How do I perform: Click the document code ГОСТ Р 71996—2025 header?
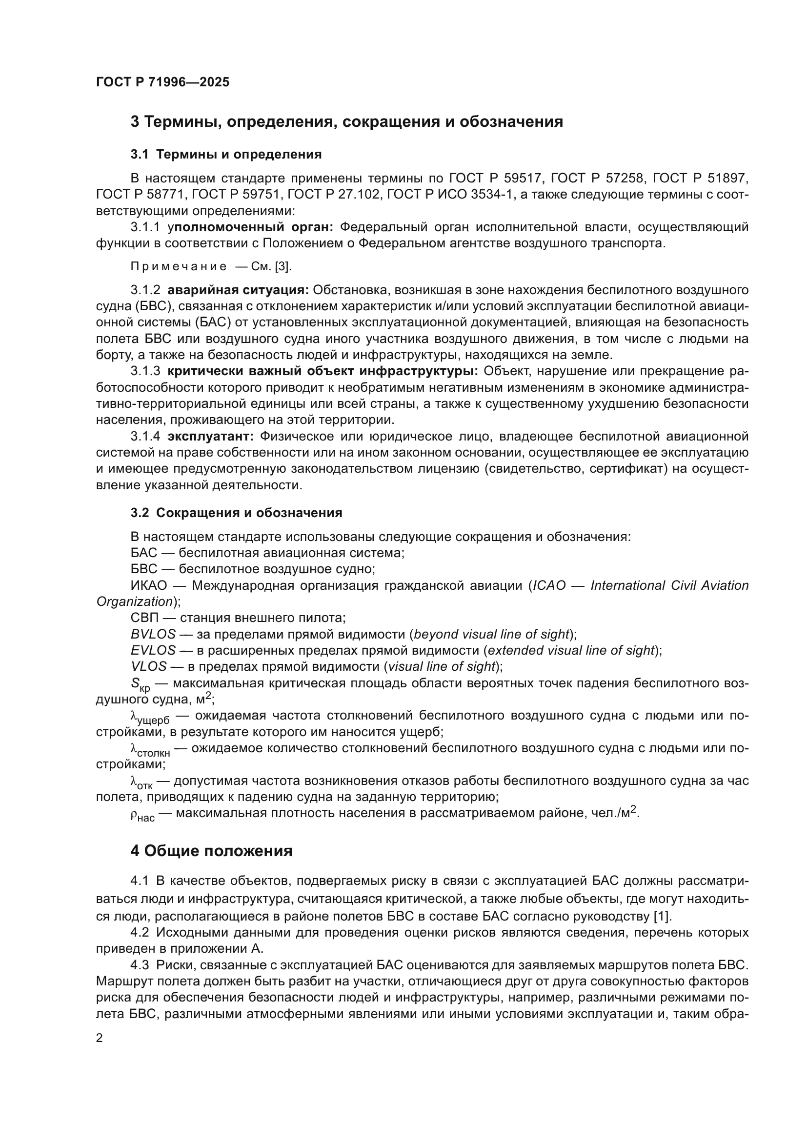(162, 82)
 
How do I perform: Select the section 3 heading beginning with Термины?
(346, 122)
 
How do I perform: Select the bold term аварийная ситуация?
(238, 290)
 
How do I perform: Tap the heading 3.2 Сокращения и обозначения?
(236, 513)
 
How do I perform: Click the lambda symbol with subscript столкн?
(150, 750)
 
